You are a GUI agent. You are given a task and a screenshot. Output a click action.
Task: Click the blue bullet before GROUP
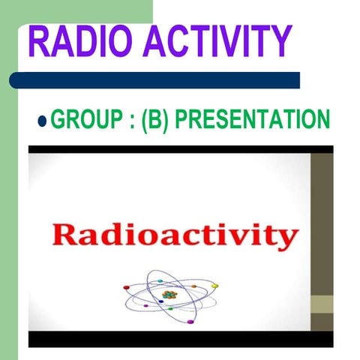tap(43, 120)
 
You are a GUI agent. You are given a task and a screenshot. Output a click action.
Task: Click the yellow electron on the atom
tap(214, 286)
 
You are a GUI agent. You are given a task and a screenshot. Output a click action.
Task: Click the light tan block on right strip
tap(323, 304)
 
